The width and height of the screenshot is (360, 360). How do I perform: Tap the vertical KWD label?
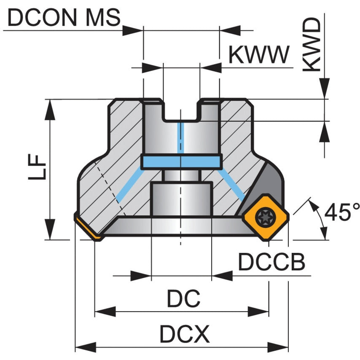tap(312, 44)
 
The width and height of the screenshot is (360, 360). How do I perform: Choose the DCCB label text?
tap(271, 262)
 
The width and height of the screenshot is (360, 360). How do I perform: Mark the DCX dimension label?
tap(184, 335)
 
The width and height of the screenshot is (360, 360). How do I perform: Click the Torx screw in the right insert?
tap(266, 217)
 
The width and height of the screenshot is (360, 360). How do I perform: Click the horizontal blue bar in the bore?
tap(182, 161)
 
